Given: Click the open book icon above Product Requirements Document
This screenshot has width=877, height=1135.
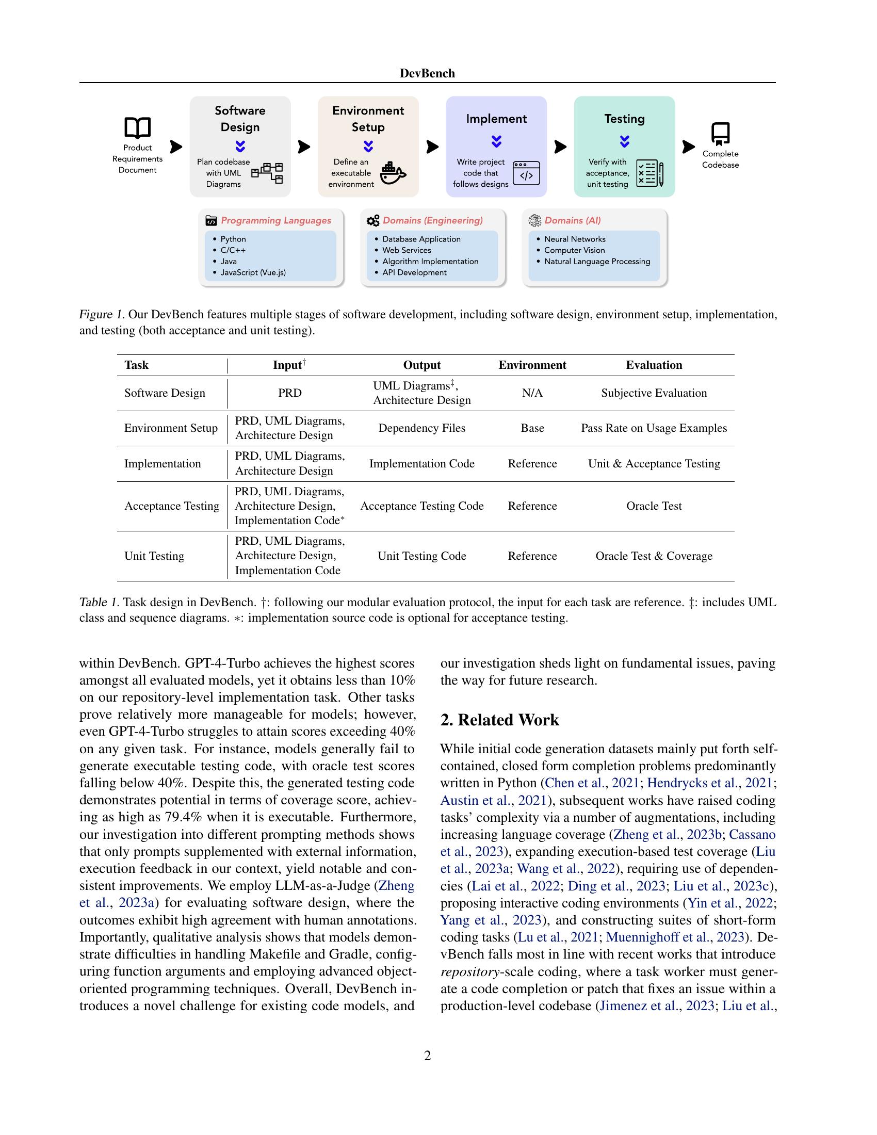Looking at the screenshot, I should click(x=137, y=127).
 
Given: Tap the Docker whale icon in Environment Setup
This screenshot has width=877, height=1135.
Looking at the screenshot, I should click(x=393, y=173).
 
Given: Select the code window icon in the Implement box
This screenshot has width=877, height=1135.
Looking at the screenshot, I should click(x=526, y=173).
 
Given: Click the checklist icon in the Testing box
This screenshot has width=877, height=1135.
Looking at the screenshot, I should click(x=649, y=173).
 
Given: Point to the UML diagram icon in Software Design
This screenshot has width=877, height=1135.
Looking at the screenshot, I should click(x=268, y=172).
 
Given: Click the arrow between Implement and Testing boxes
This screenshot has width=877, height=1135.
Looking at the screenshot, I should click(x=560, y=147).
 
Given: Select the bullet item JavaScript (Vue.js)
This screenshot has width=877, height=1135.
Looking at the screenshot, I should click(x=252, y=272).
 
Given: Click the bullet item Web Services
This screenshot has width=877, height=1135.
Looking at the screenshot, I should click(x=407, y=250).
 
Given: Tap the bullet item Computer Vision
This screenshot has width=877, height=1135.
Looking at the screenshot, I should click(x=574, y=250).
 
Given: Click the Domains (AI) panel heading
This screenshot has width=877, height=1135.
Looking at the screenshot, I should click(x=572, y=220).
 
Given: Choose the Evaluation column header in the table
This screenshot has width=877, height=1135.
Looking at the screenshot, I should click(x=654, y=365).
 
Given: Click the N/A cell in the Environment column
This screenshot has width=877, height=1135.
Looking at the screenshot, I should click(x=532, y=393).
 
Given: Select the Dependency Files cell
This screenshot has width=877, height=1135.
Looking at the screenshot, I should click(x=421, y=428).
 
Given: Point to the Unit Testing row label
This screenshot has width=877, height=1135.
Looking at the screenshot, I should click(x=154, y=556).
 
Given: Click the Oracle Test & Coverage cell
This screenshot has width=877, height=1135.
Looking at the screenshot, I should click(x=654, y=556).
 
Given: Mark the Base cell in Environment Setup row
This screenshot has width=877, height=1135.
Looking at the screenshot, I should click(x=532, y=428).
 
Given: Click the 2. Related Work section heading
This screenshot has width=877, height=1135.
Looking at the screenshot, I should click(x=499, y=720).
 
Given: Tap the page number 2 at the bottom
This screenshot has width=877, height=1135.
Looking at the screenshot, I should click(x=427, y=1056).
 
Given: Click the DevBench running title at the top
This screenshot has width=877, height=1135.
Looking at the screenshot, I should click(x=427, y=73).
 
